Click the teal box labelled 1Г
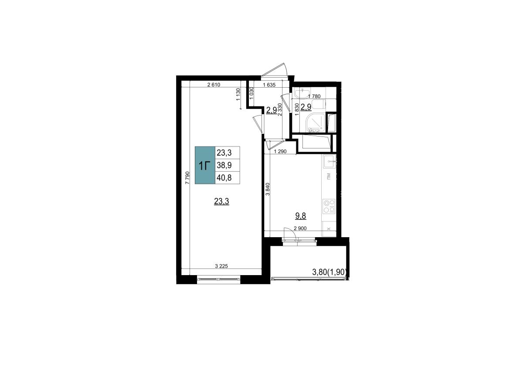(205, 165)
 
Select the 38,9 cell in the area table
(228, 165)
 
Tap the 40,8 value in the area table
(228, 178)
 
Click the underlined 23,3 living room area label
(221, 201)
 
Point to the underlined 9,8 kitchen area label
(301, 216)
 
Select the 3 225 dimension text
(221, 266)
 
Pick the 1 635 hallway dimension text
(269, 85)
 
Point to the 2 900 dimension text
(300, 228)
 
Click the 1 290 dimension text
(280, 152)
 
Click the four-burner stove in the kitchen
(329, 206)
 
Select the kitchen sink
(329, 161)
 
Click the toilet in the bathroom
(319, 104)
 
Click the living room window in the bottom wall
(219, 279)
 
